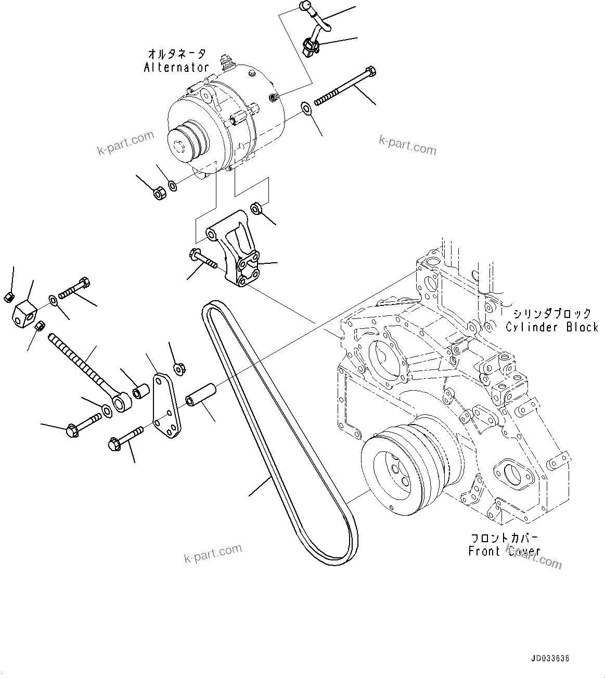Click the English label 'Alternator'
pos(176,67)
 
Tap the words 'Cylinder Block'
pos(552,327)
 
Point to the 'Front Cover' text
pos(504,551)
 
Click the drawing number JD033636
pos(550,659)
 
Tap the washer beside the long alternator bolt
pos(305,108)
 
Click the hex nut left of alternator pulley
pos(159,193)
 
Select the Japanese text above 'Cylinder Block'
pos(552,313)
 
